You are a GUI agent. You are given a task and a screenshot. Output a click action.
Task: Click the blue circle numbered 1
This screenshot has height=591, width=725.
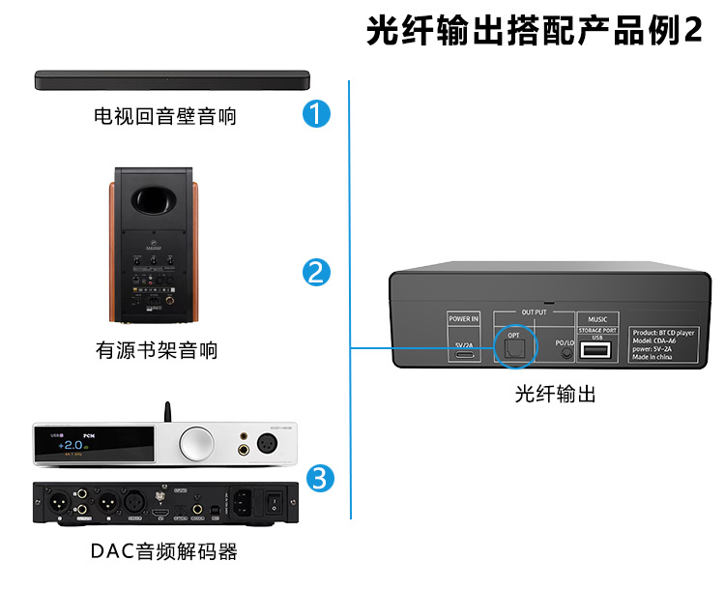pos(316,114)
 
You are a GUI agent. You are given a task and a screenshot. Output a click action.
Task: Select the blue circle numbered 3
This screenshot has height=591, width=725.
pos(321,477)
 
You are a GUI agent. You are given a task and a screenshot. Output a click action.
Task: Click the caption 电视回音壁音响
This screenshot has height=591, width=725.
pos(164,117)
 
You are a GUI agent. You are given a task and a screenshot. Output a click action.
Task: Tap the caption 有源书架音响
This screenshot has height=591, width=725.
pos(156,350)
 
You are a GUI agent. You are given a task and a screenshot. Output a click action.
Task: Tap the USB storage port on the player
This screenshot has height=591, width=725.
pos(596,352)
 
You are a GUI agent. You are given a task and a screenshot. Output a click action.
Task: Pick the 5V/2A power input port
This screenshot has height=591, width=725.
pos(464,354)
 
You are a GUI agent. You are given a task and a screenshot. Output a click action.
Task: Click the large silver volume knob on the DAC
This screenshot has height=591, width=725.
pos(195,443)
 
